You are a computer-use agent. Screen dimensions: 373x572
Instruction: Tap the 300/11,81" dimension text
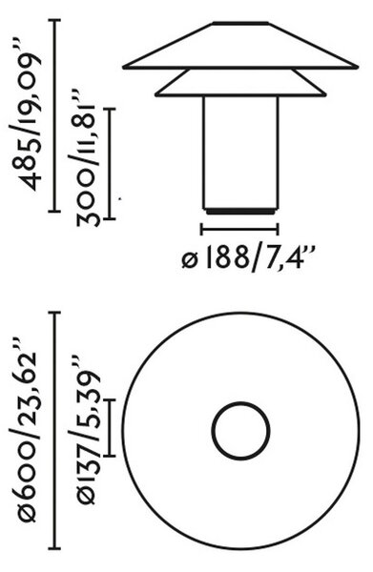(84, 157)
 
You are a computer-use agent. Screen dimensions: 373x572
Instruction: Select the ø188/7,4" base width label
(248, 258)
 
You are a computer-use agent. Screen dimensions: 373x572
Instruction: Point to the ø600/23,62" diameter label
(26, 431)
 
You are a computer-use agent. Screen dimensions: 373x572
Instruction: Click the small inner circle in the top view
(241, 403)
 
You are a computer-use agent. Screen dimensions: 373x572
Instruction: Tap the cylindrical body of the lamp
(241, 153)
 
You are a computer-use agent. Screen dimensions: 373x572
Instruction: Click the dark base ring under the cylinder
(241, 212)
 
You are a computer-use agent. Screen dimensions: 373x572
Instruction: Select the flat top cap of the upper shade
(241, 23)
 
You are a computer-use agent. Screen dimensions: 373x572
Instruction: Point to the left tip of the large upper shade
(123, 67)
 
